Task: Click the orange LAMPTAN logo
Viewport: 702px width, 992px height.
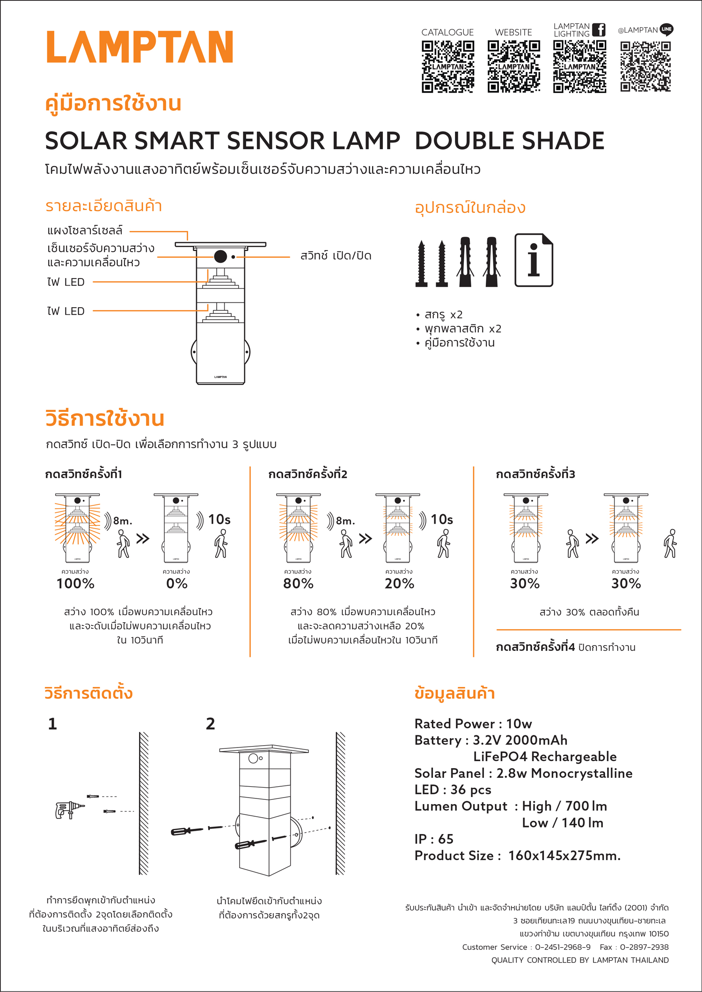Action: pos(139,47)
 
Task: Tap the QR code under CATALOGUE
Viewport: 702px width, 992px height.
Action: pos(448,66)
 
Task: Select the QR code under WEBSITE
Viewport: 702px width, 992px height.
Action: pos(514,66)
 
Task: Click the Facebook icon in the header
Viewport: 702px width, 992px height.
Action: pos(599,30)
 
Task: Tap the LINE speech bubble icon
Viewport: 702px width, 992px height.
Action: pos(666,29)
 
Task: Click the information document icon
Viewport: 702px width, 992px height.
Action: pos(534,260)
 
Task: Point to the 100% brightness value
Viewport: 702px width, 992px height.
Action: pos(75,583)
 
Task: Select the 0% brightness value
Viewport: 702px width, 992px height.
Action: pos(176,583)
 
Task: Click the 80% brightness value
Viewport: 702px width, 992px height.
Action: pos(298,583)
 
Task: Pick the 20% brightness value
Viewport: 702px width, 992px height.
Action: pos(399,583)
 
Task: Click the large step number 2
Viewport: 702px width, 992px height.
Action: pos(211,724)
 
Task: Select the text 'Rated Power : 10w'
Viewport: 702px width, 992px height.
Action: pos(473,724)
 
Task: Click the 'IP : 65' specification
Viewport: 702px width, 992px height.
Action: pos(434,839)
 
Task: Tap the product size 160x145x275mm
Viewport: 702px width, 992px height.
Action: pos(564,855)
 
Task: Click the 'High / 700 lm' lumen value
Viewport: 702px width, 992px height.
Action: pos(564,806)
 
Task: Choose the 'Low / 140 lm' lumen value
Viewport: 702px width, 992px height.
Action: pos(563,823)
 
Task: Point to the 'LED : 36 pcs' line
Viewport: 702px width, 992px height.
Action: pos(453,790)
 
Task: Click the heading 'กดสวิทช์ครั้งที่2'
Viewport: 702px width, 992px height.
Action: pos(307,474)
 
